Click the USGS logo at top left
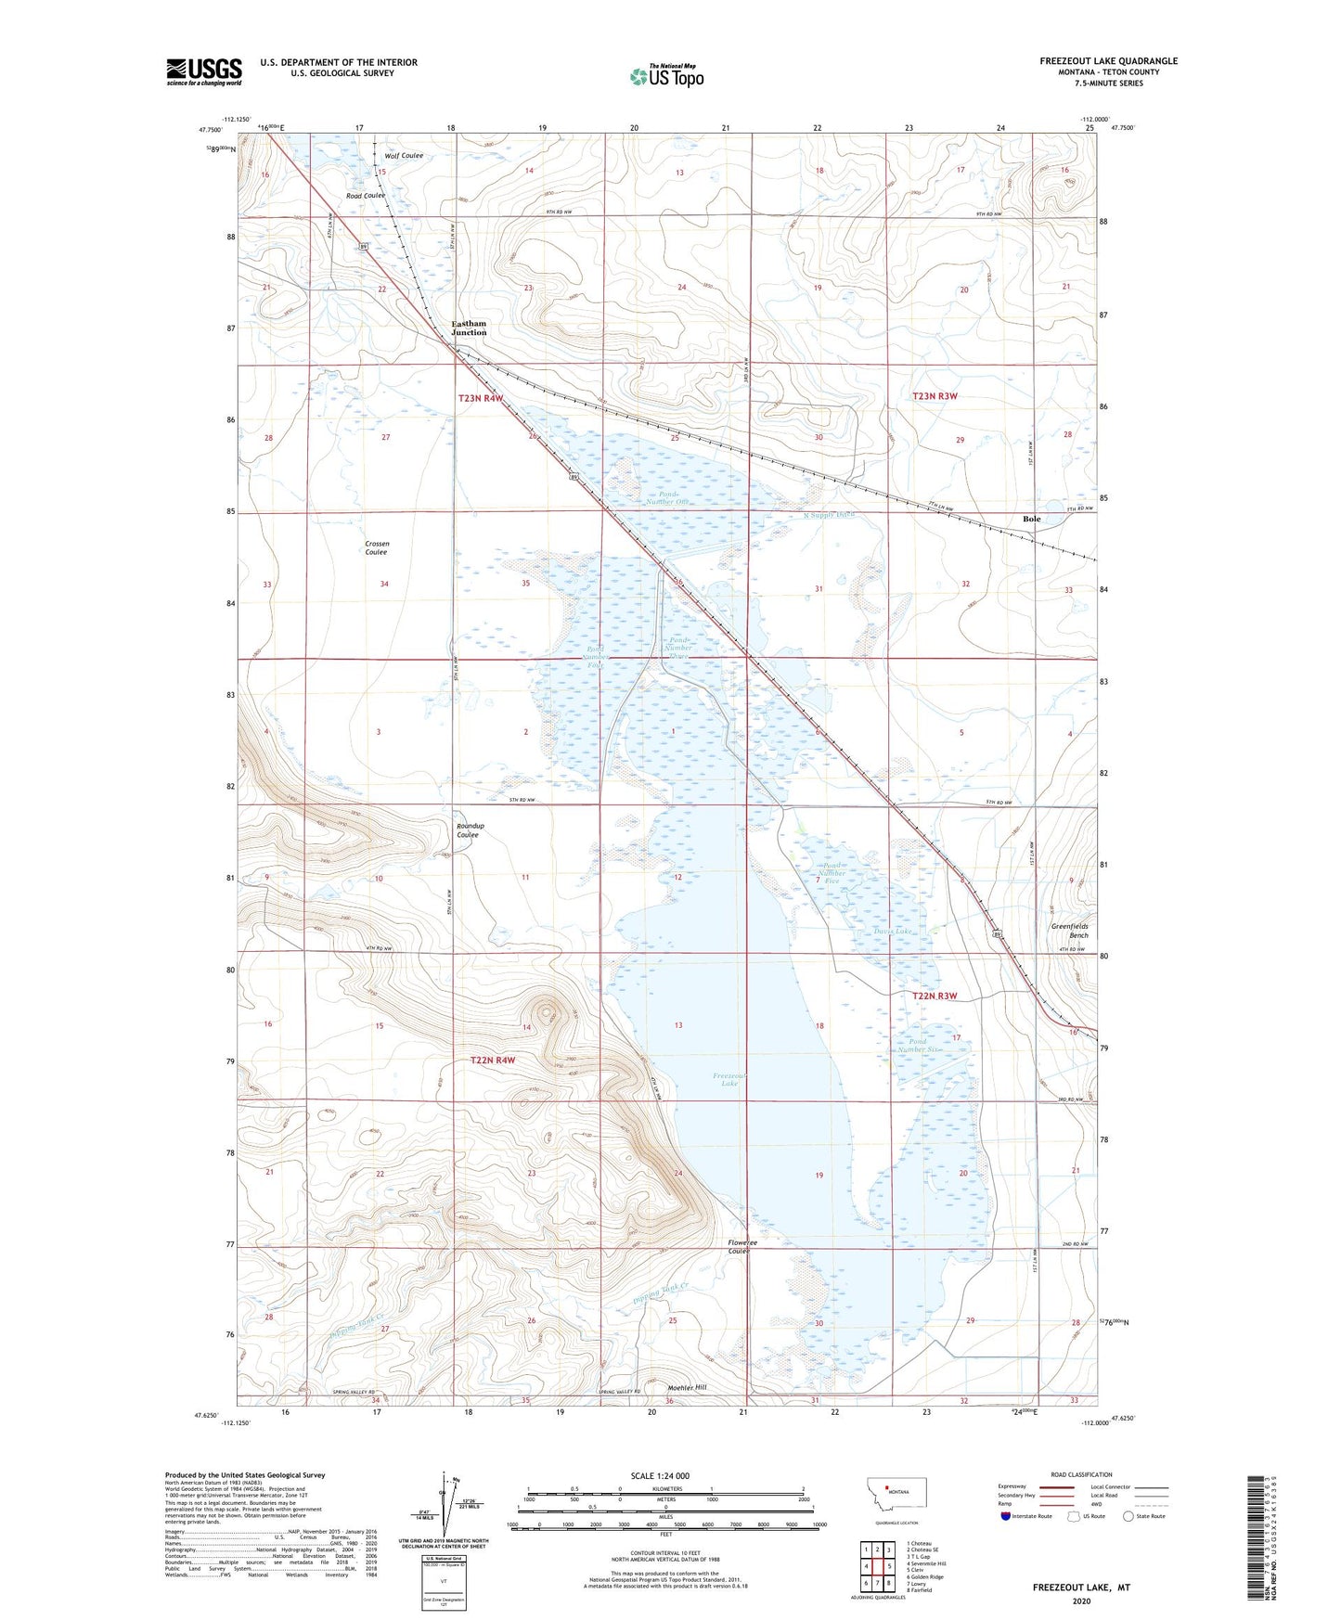tap(203, 71)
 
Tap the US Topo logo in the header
tap(666, 76)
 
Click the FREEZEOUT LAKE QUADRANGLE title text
tap(1108, 61)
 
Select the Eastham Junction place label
tap(469, 328)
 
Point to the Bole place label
tap(1031, 520)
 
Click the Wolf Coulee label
tap(405, 156)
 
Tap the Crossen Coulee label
tap(376, 548)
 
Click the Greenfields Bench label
tap(1069, 931)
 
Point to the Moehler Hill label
tap(687, 1387)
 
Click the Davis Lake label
tap(893, 931)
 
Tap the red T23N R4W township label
tap(481, 398)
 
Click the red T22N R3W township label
tap(934, 996)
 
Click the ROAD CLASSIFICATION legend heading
tap(1081, 1474)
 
